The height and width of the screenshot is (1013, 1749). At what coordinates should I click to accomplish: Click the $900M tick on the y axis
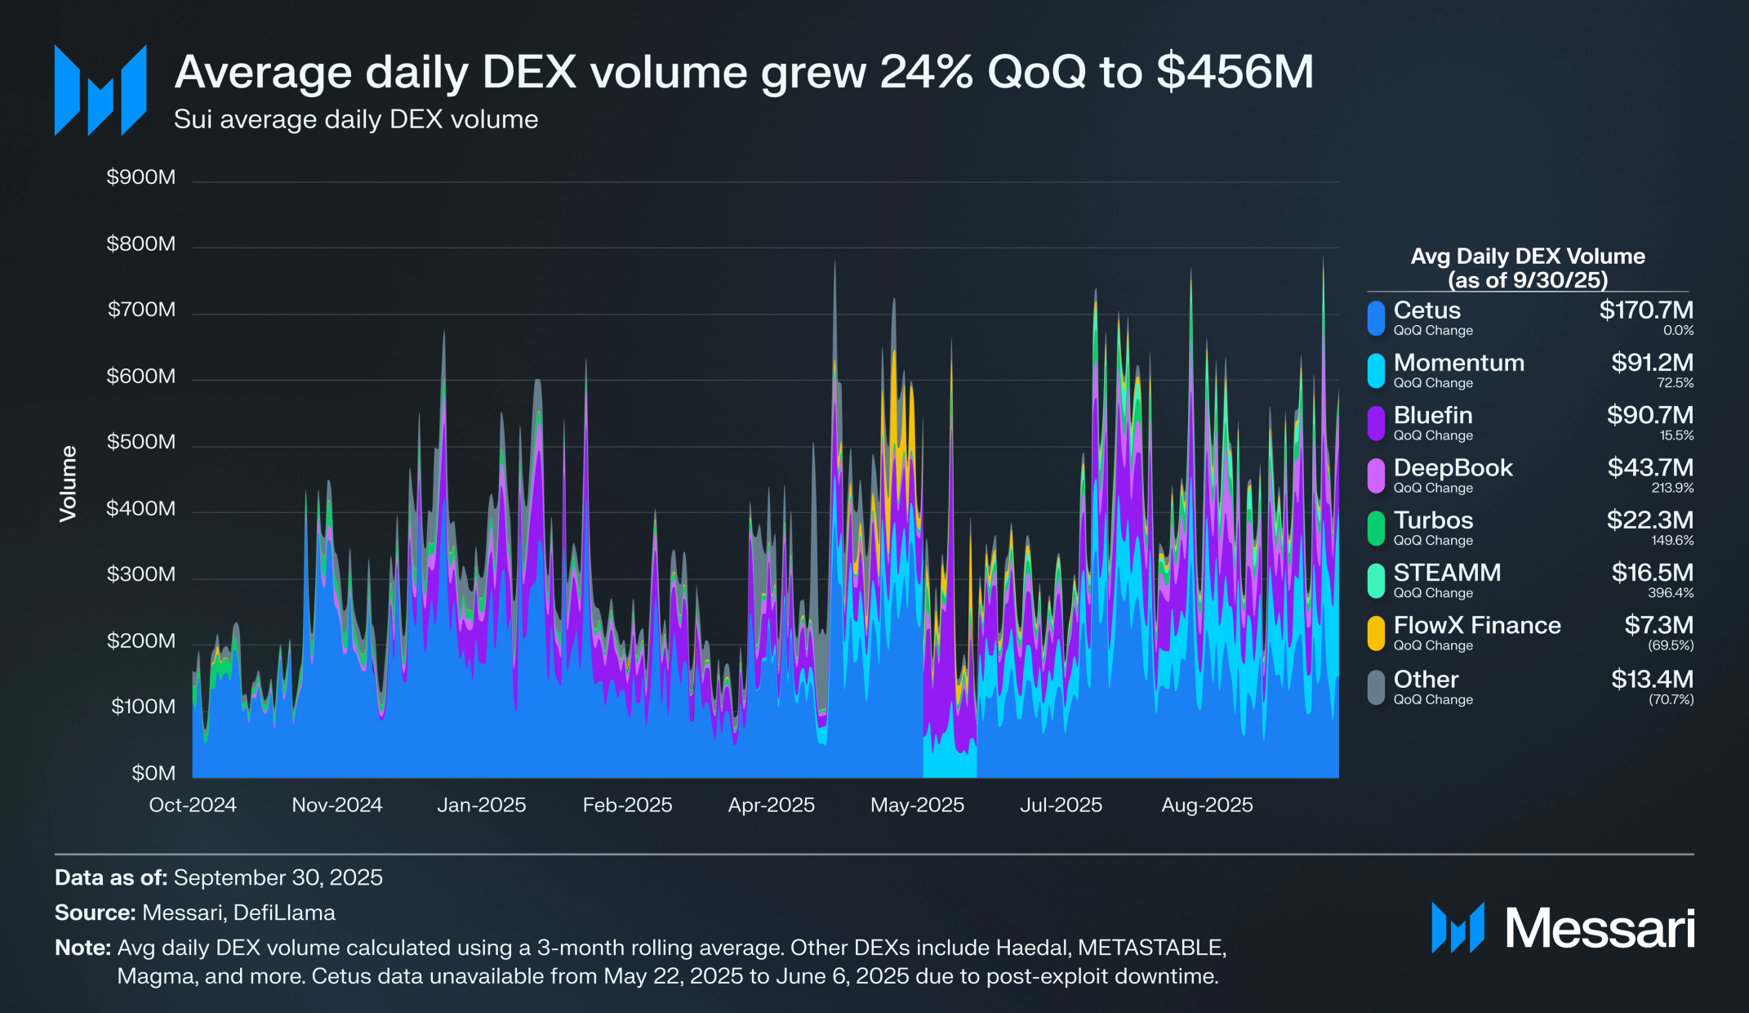140,177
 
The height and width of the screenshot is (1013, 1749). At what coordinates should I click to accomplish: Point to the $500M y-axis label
140,442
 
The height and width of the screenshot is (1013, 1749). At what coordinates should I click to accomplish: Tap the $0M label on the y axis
154,773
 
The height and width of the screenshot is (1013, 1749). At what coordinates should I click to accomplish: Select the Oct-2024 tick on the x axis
193,805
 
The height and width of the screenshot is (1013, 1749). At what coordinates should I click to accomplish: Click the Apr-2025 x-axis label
772,805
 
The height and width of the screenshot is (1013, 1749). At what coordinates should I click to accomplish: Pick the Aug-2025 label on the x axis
1207,805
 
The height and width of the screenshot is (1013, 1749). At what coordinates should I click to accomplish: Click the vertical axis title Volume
68,484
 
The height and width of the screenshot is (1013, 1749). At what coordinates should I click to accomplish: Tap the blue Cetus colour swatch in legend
1376,318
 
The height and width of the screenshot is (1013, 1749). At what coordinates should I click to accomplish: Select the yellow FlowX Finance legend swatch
1376,633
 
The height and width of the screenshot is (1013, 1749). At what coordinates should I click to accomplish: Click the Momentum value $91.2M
1652,363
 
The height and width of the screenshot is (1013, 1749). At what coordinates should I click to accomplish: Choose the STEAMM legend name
1447,572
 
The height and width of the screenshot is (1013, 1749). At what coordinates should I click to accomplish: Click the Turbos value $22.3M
1649,520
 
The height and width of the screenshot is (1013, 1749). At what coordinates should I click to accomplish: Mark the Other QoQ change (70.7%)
1671,699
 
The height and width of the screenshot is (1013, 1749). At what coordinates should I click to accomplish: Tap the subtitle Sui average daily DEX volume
356,119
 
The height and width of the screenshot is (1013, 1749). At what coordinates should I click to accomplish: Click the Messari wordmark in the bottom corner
1600,928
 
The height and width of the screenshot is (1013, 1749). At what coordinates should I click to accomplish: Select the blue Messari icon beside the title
100,90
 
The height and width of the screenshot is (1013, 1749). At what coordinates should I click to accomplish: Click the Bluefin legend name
1433,415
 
